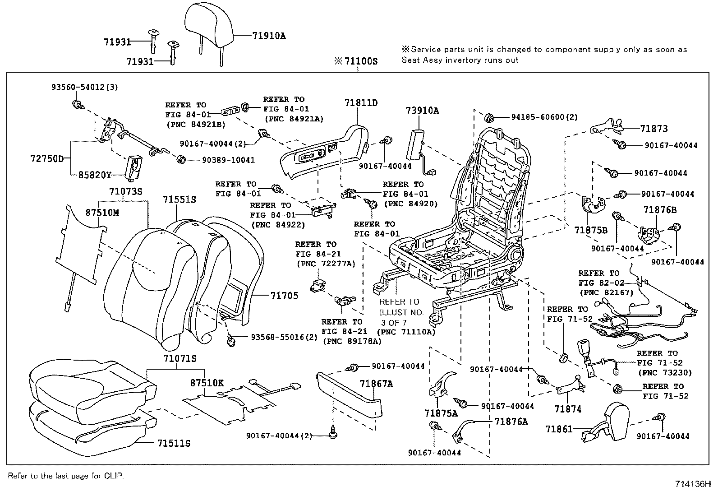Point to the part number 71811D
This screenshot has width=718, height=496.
click(361, 103)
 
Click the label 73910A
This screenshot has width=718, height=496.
click(422, 111)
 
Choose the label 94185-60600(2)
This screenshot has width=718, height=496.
click(544, 117)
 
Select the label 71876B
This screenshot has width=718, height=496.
click(660, 210)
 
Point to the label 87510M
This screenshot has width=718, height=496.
click(102, 213)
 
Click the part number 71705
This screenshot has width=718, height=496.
click(284, 296)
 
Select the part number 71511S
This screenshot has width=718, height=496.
click(174, 444)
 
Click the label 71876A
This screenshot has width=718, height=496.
click(511, 421)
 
